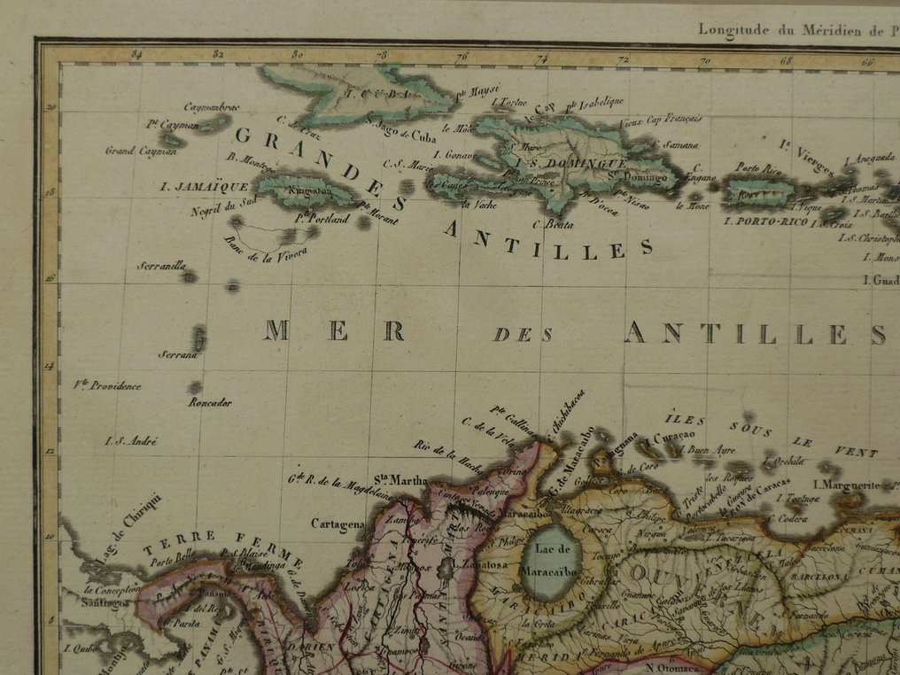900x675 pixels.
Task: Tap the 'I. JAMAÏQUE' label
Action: click(191, 187)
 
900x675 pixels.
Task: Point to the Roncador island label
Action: click(210, 402)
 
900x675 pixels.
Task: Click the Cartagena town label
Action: click(337, 524)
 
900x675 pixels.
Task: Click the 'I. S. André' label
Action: click(130, 440)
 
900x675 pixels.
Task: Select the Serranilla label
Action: click(161, 265)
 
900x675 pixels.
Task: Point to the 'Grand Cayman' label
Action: click(141, 151)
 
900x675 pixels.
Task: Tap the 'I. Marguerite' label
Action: click(850, 485)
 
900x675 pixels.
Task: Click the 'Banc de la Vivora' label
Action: click(267, 247)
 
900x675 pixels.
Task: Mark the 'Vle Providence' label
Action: click(108, 385)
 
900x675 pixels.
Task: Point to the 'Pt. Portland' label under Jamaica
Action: click(325, 218)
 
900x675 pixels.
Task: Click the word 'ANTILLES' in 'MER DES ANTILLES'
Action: click(754, 333)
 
